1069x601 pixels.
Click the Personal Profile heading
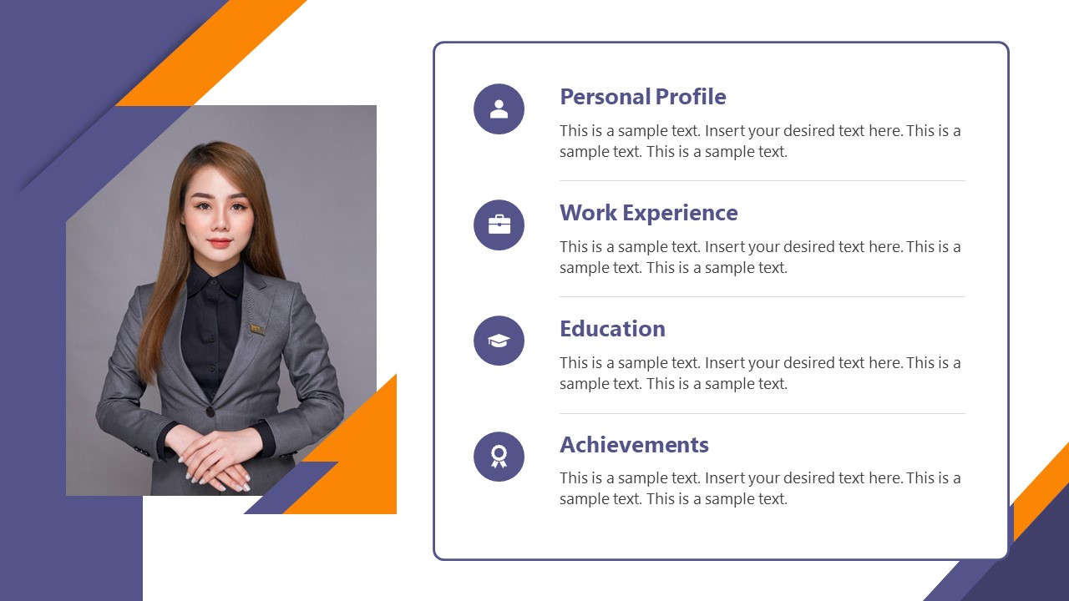(x=642, y=97)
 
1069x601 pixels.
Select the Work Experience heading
(x=648, y=213)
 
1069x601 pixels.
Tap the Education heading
(x=612, y=329)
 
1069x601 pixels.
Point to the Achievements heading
(x=634, y=445)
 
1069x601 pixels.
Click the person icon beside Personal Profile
(x=499, y=109)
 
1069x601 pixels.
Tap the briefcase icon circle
(x=499, y=225)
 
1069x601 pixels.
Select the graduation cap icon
(x=499, y=341)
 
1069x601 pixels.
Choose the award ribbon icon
(x=499, y=457)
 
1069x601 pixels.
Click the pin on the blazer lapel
(x=257, y=328)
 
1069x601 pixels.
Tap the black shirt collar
(x=215, y=280)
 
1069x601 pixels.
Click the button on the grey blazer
(x=210, y=412)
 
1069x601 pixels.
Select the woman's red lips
(x=219, y=243)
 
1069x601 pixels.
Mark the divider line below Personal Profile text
(x=762, y=180)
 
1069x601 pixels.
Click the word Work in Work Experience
(x=582, y=213)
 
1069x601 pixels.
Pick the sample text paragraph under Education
(x=760, y=373)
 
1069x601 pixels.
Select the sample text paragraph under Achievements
(x=760, y=488)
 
